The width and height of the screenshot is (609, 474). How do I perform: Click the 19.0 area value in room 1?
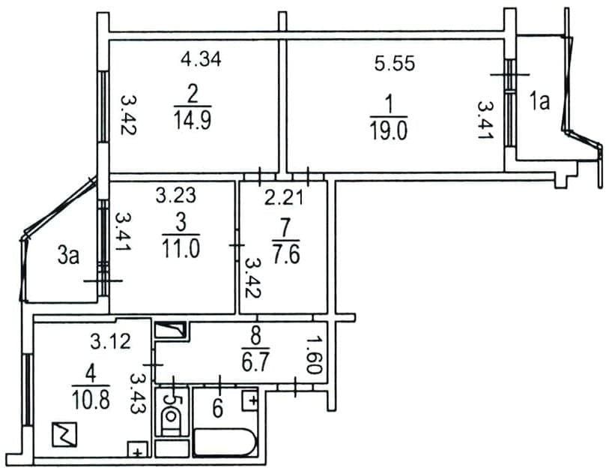[389, 130]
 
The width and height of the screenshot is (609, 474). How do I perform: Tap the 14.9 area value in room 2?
[193, 120]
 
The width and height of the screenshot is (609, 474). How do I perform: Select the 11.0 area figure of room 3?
[181, 248]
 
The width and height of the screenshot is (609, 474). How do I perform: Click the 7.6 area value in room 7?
[286, 255]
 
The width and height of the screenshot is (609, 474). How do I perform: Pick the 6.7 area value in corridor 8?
[255, 362]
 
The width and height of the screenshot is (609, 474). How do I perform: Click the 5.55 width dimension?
[395, 63]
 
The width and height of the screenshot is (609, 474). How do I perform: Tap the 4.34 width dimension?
[202, 58]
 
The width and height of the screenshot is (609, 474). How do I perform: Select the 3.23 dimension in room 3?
[175, 195]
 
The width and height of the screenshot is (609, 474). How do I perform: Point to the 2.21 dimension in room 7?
[284, 199]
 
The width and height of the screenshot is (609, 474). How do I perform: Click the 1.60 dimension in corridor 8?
[314, 355]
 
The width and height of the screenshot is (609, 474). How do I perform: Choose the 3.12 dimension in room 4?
[111, 342]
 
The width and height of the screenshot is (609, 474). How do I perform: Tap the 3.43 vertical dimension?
[137, 393]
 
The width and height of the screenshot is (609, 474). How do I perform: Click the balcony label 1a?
[539, 102]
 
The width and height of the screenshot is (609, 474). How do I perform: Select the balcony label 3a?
[68, 256]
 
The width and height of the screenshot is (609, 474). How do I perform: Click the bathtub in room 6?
[225, 442]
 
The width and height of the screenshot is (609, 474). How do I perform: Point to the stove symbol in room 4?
[64, 434]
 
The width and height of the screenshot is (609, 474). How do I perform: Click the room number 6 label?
[217, 409]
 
